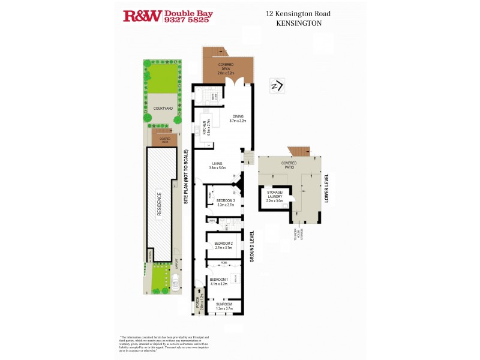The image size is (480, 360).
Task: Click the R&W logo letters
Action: [142, 16]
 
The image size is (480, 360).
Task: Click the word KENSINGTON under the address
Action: [299, 23]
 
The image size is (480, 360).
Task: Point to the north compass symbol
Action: [277, 86]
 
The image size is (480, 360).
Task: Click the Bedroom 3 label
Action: [225, 202]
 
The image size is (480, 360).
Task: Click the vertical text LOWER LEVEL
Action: [328, 188]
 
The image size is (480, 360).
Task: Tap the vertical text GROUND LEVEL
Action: [253, 246]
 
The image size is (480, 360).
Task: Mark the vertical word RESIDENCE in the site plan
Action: [160, 205]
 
